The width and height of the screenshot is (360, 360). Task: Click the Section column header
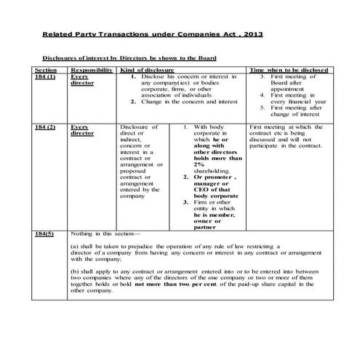(x=46, y=70)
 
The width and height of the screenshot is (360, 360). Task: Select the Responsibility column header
(x=91, y=70)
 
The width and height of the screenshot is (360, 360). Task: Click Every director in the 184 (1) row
(x=82, y=80)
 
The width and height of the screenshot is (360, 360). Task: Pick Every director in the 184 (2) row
(x=82, y=130)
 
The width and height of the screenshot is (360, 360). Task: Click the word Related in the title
(x=61, y=34)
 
